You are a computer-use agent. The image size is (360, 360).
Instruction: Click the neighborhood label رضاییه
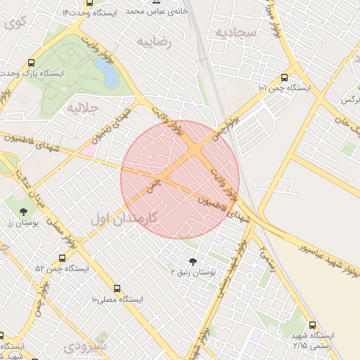pos(155,41)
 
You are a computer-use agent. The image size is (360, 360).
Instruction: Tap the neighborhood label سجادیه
pos(234,32)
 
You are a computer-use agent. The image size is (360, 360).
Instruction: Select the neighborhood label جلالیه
pos(85,108)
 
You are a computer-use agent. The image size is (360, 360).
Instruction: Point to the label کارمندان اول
pos(123,219)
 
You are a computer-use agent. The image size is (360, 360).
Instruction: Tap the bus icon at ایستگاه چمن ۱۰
pos(284,78)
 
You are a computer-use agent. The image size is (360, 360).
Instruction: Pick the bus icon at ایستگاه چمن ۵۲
pos(62,258)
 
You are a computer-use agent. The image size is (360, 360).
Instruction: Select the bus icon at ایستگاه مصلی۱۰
pos(116,288)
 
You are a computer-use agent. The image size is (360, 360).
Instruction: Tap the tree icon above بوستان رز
pos(24,211)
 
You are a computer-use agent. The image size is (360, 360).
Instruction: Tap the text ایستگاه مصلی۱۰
pos(117,300)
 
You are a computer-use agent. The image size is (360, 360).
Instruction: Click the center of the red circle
pos(180,179)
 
